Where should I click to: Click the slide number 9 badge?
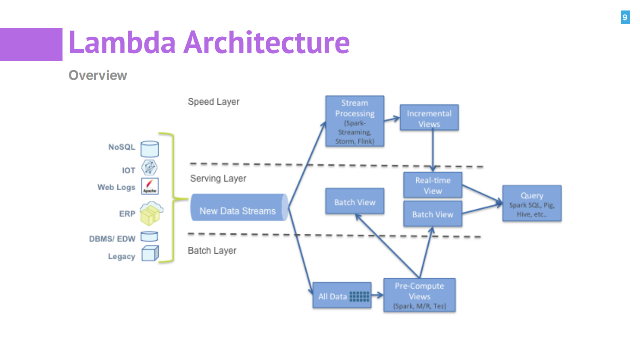point(625,17)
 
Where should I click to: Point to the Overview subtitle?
point(98,75)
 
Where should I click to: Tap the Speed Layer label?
point(213,102)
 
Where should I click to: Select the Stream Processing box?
point(354,121)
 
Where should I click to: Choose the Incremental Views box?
point(429,118)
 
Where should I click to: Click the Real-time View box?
point(433,185)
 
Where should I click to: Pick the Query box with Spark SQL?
point(532,203)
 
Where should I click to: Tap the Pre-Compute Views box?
point(419,295)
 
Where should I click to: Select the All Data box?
point(342,295)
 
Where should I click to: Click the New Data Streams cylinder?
point(239,208)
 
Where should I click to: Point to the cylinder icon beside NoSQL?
point(150,149)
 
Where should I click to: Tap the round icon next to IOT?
point(149,167)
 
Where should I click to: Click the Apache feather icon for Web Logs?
point(150,186)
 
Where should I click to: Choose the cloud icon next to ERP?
point(151,213)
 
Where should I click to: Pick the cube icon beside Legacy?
point(150,254)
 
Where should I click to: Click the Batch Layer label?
point(212,250)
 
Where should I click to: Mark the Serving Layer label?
point(218,178)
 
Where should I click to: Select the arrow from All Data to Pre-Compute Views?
point(377,295)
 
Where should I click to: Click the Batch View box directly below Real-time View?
point(433,214)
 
